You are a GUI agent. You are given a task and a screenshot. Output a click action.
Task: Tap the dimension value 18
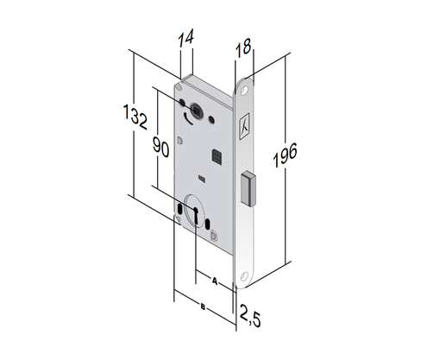tap(243, 47)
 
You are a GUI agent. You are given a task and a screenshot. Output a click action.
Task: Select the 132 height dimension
tap(135, 117)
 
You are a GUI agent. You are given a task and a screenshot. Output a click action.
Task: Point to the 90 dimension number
tap(160, 147)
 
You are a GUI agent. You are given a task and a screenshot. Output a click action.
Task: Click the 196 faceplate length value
tap(285, 155)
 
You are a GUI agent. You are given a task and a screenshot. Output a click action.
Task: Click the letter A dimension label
tap(215, 281)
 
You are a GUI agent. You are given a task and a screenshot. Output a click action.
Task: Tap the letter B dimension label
tap(203, 307)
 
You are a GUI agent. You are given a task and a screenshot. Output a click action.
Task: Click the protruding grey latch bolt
tap(248, 189)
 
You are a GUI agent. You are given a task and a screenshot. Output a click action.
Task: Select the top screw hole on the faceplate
tap(244, 91)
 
